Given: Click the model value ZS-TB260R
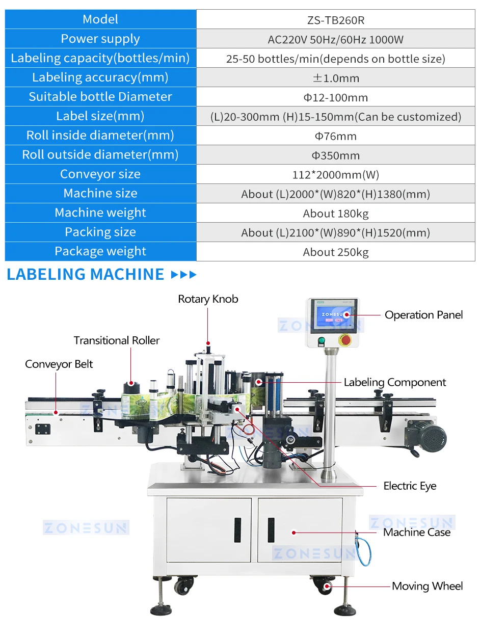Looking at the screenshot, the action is pos(336,20).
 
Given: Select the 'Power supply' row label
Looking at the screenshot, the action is pos(100,39).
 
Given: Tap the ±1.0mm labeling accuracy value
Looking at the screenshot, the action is pos(336,78).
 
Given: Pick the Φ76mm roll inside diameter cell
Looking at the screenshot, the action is pos(336,136).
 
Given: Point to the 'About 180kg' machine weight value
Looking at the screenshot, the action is pos(336,214).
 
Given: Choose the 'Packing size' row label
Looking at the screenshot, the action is pos(100,232).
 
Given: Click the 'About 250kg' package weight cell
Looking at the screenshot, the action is pos(336,252).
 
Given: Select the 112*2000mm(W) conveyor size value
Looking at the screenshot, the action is pos(336,175).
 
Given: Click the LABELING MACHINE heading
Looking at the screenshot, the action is pos(86,275).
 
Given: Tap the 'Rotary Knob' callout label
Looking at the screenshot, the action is pos(208,299).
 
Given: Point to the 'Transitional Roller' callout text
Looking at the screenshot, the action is pos(117,340).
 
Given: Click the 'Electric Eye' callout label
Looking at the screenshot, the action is pos(410,486).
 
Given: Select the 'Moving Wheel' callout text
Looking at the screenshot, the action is pos(427,587).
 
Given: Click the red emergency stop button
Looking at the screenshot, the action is pos(345,340).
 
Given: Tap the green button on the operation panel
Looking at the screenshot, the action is pos(321,341).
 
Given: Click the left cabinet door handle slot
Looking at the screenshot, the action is pos(237,529).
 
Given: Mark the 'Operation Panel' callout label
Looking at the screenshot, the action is pos(424,315).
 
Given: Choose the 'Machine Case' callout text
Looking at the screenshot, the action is pos(417,533).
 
